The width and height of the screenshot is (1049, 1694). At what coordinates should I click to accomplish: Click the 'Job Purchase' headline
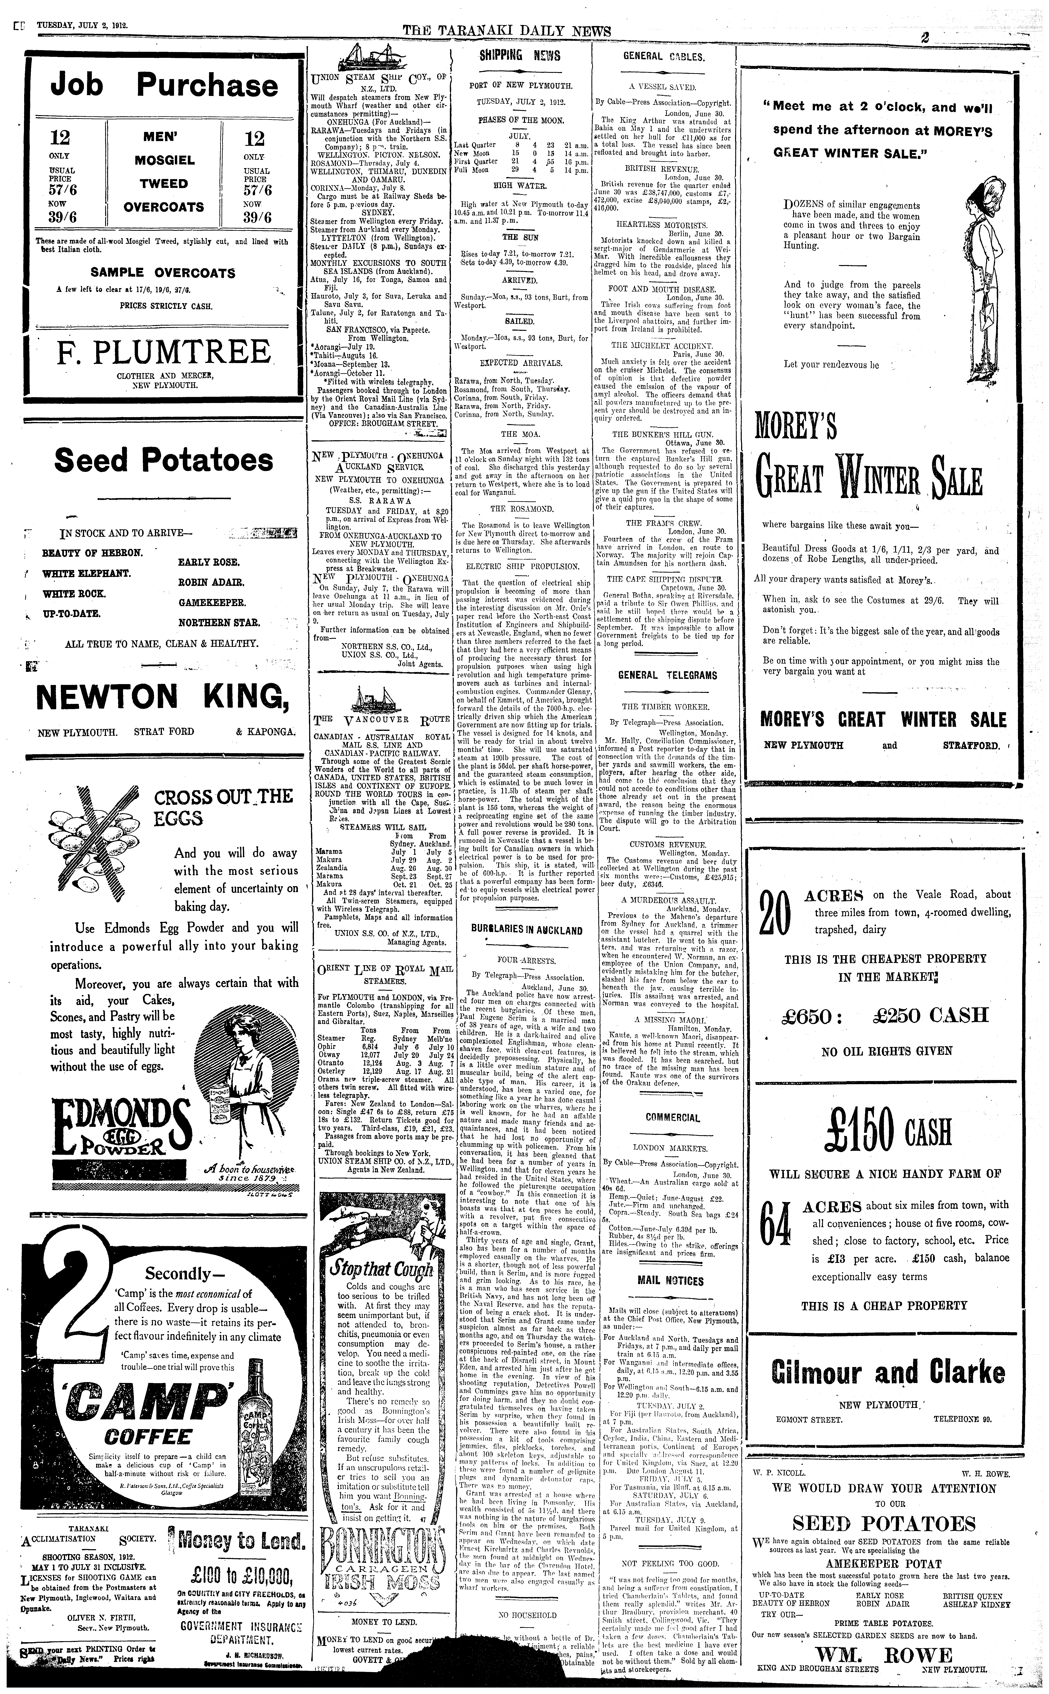pos(164,85)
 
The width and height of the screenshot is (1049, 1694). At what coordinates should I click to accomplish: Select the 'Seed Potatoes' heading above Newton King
pos(164,460)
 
